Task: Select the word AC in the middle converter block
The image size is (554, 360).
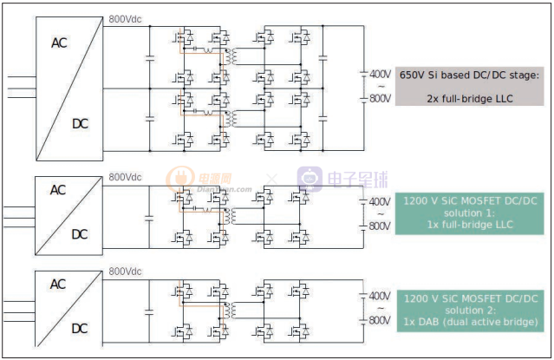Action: point(57,190)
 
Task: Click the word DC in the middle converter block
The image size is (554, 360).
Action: point(79,234)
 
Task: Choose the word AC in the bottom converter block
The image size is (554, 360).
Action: point(57,285)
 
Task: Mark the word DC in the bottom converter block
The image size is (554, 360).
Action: point(79,329)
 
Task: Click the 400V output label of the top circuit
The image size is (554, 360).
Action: point(380,74)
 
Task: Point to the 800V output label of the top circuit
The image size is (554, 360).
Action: point(380,98)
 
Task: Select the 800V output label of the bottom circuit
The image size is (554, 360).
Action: point(380,320)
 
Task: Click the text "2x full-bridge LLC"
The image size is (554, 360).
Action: point(469,98)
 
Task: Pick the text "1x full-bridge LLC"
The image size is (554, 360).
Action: point(469,226)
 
